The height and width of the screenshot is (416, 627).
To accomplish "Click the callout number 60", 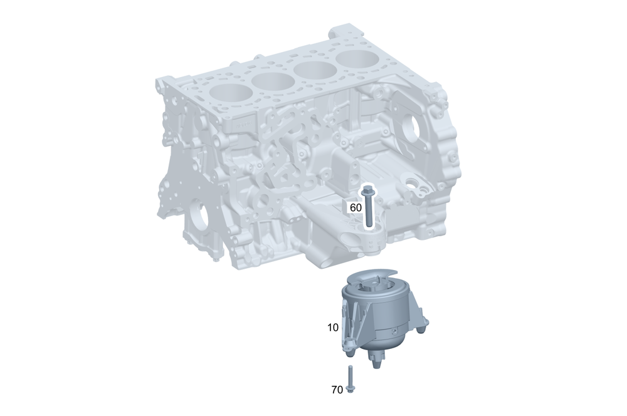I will (356, 206).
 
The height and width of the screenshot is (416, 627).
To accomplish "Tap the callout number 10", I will (332, 327).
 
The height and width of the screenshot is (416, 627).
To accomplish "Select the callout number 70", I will (337, 390).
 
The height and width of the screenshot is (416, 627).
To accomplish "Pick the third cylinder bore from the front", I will (315, 70).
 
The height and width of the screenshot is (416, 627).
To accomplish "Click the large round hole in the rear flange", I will (410, 129).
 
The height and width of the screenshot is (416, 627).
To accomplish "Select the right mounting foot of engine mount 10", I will (424, 324).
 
